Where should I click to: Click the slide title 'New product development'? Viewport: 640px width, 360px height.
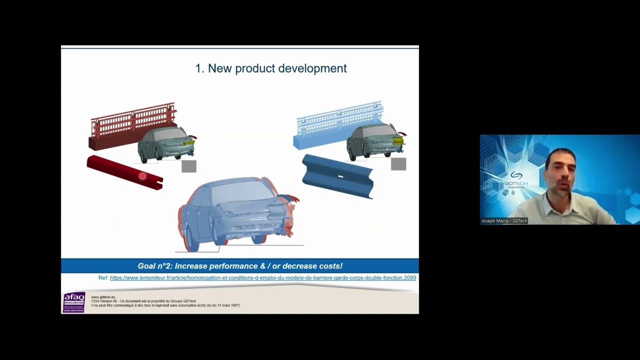click(x=270, y=68)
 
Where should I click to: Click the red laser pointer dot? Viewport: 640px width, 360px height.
click(x=142, y=176)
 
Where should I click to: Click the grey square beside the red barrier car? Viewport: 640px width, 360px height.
click(x=189, y=166)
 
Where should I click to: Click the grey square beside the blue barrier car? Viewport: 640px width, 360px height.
click(x=398, y=164)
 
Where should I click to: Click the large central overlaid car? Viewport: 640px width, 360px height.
click(x=235, y=212)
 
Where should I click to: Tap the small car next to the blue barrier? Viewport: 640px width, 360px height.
click(x=374, y=141)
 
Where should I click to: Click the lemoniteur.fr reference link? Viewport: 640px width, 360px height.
click(x=262, y=278)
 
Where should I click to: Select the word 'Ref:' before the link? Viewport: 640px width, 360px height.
click(x=103, y=278)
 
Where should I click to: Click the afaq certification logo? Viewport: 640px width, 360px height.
click(x=74, y=302)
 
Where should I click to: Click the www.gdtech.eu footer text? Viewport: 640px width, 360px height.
click(x=103, y=297)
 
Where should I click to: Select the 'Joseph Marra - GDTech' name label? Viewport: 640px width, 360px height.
click(x=504, y=221)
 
